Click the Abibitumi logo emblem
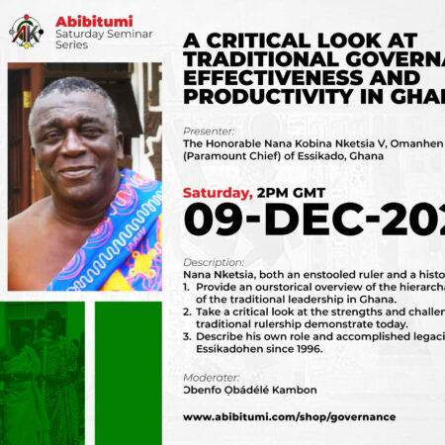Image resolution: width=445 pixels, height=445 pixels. (x=27, y=30)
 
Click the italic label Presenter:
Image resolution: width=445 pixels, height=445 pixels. (x=209, y=131)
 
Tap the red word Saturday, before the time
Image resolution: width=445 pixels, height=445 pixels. (x=218, y=193)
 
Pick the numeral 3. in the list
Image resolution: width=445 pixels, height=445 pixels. (x=186, y=335)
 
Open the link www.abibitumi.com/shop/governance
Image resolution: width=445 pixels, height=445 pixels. (x=289, y=416)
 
